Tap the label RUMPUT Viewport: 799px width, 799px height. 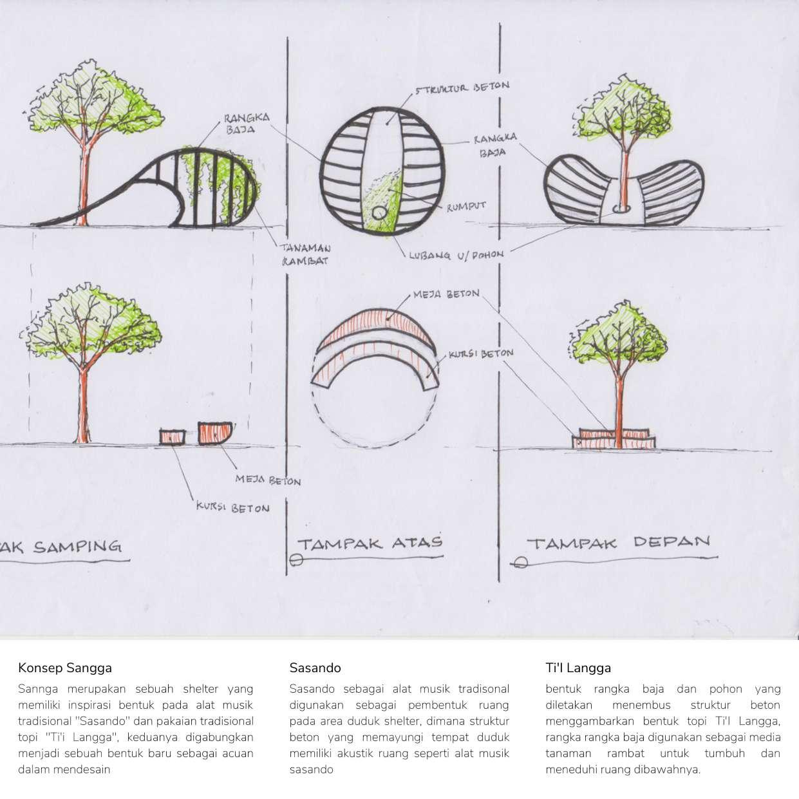point(465,206)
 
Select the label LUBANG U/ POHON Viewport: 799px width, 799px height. point(456,255)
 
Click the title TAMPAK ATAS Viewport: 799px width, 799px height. point(370,542)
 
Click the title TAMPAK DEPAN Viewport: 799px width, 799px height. point(618,542)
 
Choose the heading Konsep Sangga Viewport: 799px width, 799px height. point(65,668)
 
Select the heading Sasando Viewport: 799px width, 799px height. point(315,668)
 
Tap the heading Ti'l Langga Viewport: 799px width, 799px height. point(578,668)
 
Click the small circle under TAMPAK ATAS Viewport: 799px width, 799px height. point(296,560)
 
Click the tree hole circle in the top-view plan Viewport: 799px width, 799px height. point(379,213)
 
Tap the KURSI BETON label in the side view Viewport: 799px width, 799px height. point(232,508)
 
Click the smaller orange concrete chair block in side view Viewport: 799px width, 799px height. point(173,437)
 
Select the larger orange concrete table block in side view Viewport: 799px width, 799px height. point(214,433)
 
